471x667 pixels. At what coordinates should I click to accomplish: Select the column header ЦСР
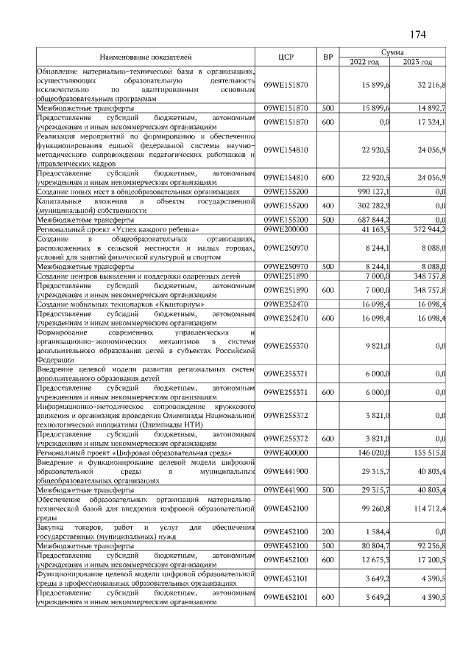(286, 57)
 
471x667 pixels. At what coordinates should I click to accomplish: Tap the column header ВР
(327, 57)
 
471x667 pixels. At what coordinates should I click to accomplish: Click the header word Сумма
(395, 52)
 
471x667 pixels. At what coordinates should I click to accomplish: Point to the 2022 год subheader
(369, 62)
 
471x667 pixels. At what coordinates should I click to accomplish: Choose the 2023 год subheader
(421, 62)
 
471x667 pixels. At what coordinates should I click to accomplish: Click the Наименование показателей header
(146, 57)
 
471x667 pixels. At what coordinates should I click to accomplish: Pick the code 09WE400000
(286, 452)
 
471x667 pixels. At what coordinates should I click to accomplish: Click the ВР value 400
(327, 206)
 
